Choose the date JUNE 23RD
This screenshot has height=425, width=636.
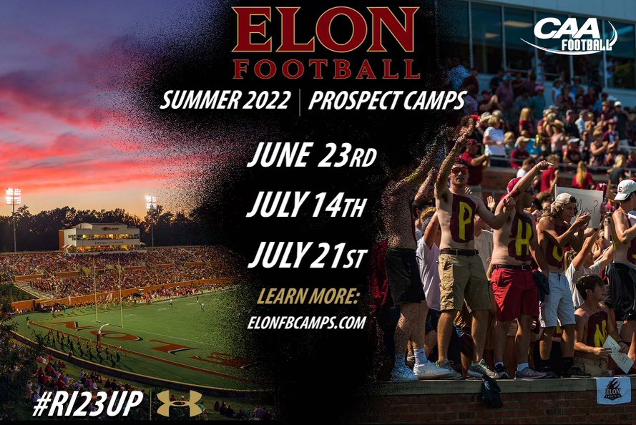(311, 156)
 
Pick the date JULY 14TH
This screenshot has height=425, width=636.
(307, 206)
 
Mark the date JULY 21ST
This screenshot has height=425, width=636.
(307, 255)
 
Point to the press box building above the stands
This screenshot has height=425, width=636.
(100, 236)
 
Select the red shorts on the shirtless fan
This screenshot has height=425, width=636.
(514, 293)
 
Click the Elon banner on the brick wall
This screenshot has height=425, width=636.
(612, 391)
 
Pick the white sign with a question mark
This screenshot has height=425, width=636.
(578, 207)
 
